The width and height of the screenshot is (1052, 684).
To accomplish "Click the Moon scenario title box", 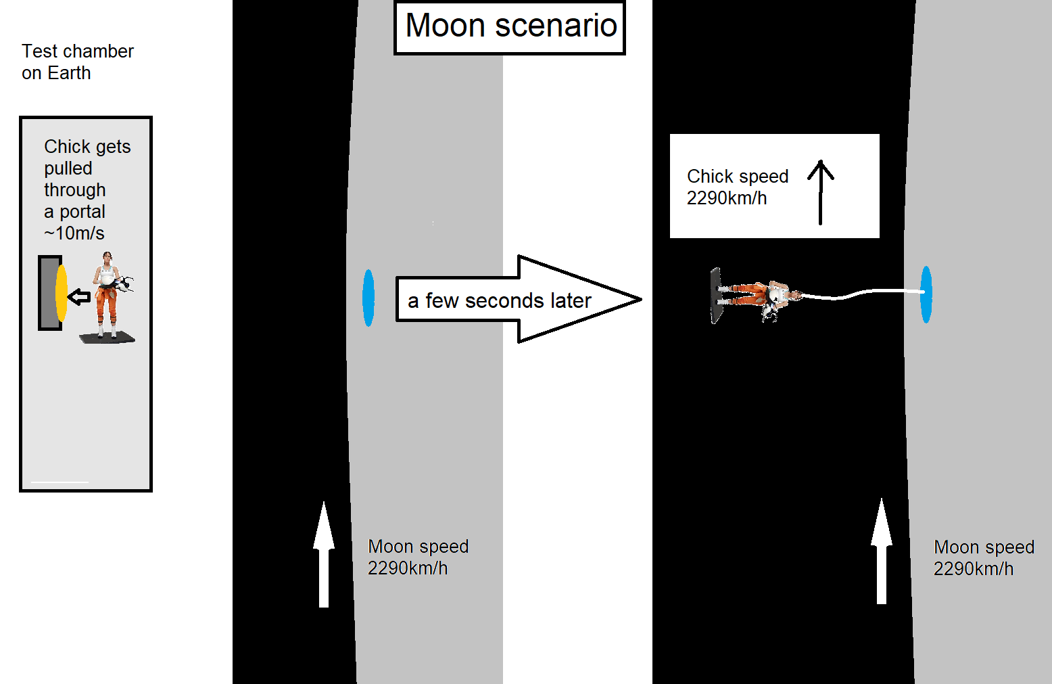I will click(x=510, y=28).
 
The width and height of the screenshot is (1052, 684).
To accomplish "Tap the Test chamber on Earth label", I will click(x=77, y=62).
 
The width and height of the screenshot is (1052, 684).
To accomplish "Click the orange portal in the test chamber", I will click(x=62, y=293).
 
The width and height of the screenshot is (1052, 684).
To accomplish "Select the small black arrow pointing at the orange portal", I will click(x=80, y=296).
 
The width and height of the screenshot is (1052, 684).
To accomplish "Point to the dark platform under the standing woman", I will click(x=107, y=338).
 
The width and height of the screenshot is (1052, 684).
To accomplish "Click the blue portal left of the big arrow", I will click(x=368, y=298).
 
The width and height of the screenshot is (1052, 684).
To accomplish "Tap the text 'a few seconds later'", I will click(x=499, y=300).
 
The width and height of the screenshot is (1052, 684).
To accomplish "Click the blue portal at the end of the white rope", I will click(x=926, y=294).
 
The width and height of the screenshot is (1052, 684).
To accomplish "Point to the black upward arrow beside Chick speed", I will click(x=821, y=191).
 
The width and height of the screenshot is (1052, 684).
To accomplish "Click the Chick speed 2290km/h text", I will click(x=737, y=187).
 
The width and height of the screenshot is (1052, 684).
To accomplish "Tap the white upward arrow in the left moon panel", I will click(x=324, y=554).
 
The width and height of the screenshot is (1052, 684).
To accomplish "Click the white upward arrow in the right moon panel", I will click(x=881, y=551).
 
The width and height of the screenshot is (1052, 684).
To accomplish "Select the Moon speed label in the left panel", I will click(x=418, y=557).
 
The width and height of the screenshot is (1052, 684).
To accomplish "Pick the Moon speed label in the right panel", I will click(x=984, y=557).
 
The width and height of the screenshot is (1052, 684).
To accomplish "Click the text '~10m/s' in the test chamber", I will click(x=74, y=233).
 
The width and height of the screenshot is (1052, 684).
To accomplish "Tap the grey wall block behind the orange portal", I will click(x=48, y=293).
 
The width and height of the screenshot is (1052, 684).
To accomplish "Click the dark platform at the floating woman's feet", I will click(x=716, y=296).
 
